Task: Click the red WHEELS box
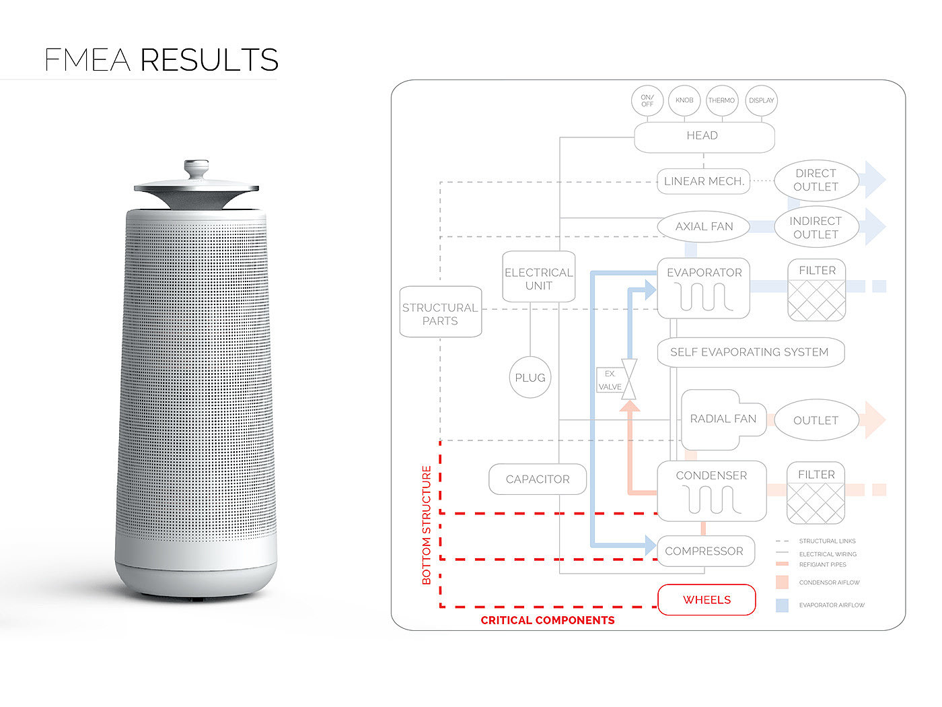click(706, 600)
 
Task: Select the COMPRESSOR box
click(704, 551)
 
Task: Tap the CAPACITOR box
click(538, 479)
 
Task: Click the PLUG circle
click(530, 378)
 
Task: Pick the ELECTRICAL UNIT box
click(539, 277)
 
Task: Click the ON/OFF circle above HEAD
click(647, 101)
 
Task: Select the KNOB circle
click(684, 101)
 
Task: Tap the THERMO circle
click(721, 101)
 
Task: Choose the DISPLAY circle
click(761, 101)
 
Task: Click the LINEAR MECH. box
click(703, 181)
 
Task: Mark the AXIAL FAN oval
click(704, 227)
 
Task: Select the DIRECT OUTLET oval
click(816, 180)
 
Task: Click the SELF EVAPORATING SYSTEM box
click(750, 352)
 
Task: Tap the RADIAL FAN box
click(723, 419)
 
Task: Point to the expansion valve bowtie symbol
click(629, 380)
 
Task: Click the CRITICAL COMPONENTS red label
click(547, 620)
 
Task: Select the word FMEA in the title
click(87, 60)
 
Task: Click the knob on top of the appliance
click(196, 167)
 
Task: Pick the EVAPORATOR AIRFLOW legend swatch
click(782, 605)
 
